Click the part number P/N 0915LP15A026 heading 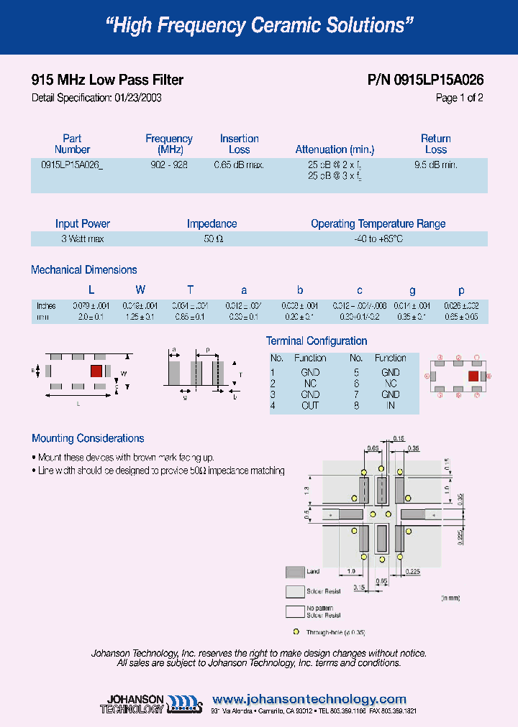425,80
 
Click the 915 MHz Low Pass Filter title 107,80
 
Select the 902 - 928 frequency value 169,165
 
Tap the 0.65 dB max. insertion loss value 239,165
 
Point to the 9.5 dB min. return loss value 436,165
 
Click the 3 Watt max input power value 83,239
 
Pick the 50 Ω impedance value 212,239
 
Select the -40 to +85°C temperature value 378,239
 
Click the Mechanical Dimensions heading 84,270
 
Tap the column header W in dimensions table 141,290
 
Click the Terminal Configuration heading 317,341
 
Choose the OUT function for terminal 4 310,405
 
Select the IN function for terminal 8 390,405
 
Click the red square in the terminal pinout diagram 473,376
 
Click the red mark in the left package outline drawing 95,371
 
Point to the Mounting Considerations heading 88,438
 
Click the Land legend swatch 295,572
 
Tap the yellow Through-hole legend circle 295,632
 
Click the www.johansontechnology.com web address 309,699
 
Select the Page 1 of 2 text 459,98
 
